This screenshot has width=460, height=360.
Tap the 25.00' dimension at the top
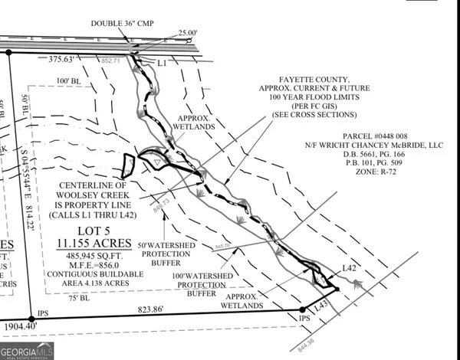pos(186,33)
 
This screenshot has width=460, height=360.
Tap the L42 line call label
pos(350,267)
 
